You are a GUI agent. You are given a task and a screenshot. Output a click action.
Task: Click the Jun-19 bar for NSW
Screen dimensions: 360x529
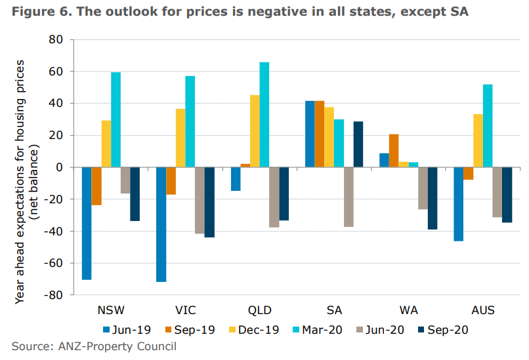[87, 223]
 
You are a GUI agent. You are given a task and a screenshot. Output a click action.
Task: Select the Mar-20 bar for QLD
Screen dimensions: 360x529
[264, 115]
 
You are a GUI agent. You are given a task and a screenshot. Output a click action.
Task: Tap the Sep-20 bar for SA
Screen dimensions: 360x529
[358, 144]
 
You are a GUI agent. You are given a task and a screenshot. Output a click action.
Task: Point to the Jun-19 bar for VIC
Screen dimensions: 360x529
[161, 224]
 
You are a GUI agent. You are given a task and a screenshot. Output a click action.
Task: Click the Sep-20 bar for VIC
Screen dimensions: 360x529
[209, 202]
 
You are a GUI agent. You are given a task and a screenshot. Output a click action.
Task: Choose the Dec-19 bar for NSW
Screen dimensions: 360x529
[106, 144]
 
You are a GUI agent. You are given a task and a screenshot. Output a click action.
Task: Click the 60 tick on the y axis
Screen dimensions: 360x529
[56, 71]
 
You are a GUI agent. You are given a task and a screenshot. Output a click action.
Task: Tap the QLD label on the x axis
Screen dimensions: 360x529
[259, 310]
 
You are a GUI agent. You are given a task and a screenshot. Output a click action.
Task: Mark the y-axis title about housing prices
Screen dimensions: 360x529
[26, 167]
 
